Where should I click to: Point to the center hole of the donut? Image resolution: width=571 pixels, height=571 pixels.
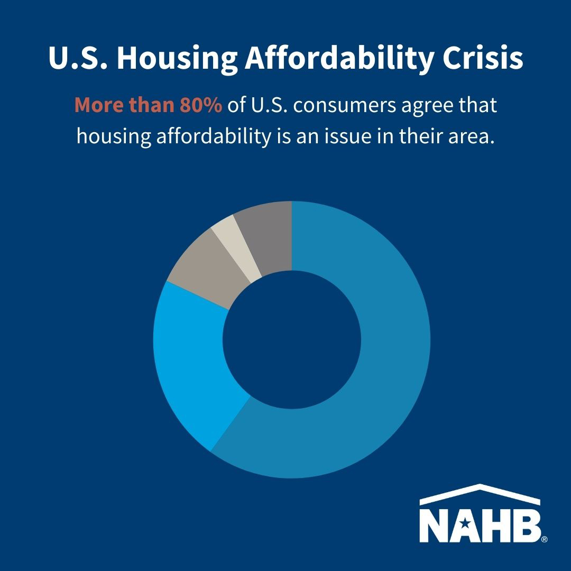(292, 339)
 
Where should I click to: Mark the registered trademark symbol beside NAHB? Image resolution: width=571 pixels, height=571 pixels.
(545, 539)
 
